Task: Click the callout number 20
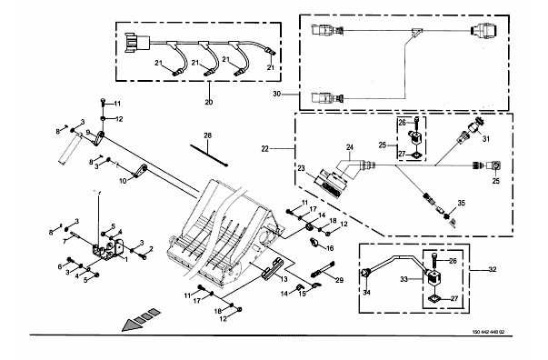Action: pyautogui.click(x=208, y=102)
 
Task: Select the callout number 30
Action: pyautogui.click(x=277, y=94)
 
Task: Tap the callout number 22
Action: pyautogui.click(x=265, y=149)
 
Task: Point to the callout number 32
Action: pyautogui.click(x=492, y=269)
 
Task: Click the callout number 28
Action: pyautogui.click(x=207, y=135)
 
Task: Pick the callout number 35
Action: pyautogui.click(x=462, y=203)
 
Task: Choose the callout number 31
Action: pyautogui.click(x=486, y=139)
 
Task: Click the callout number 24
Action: pyautogui.click(x=350, y=147)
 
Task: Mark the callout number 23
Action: pyautogui.click(x=301, y=168)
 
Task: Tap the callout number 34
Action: pyautogui.click(x=366, y=292)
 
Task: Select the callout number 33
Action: pyautogui.click(x=404, y=279)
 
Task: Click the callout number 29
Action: pyautogui.click(x=339, y=280)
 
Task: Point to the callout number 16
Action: pyautogui.click(x=330, y=248)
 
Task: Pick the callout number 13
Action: pyautogui.click(x=284, y=279)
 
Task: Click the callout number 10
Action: pyautogui.click(x=123, y=182)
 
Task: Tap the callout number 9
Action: pyautogui.click(x=88, y=132)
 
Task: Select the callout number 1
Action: pyautogui.click(x=126, y=259)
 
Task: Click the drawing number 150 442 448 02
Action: pyautogui.click(x=488, y=332)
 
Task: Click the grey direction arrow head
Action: pyautogui.click(x=131, y=325)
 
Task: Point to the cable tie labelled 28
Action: pyautogui.click(x=209, y=155)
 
